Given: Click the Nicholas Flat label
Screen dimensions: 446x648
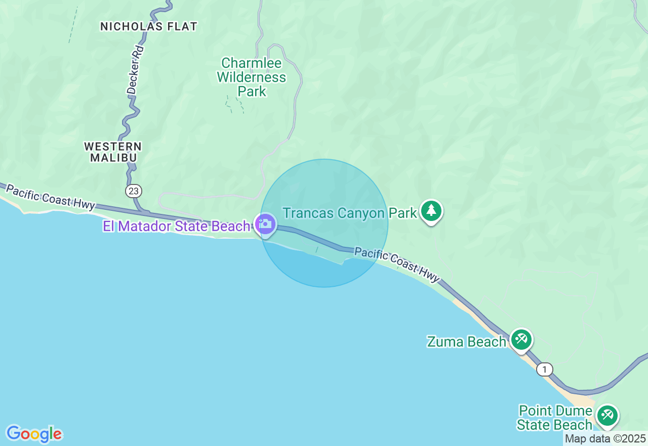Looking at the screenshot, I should coord(148,26).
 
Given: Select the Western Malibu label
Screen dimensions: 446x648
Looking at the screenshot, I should coord(113,152).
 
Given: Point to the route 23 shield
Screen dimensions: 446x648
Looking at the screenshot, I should coord(134,191).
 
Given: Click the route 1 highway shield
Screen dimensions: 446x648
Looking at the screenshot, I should coord(545,369).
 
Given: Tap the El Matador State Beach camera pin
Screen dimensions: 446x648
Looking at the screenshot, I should coord(265,224).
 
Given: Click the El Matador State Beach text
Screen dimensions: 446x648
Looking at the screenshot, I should coord(177,226).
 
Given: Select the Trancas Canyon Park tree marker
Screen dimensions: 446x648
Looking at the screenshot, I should coord(431,210).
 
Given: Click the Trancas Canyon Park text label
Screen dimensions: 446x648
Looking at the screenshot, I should coord(349,213).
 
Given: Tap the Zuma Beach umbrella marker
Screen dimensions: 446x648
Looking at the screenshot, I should coord(521,339).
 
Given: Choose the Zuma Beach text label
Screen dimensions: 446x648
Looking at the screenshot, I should coord(466,342).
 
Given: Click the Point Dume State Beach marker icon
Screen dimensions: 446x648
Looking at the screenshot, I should coord(606,415).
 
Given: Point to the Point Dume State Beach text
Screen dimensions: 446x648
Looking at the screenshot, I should coord(555,418).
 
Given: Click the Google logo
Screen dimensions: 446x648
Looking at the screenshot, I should coord(34,434).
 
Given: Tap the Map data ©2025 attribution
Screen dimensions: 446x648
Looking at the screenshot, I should coord(605,438).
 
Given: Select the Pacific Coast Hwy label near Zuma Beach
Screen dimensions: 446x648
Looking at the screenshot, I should coord(397,264).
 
